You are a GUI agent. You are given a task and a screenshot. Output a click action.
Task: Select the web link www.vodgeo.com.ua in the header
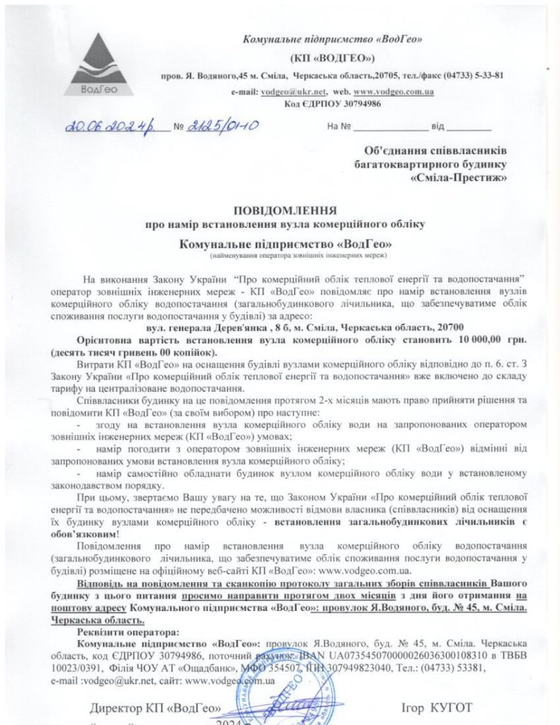[394, 93]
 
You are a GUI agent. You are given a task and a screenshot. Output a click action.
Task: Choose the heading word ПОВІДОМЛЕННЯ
[286, 210]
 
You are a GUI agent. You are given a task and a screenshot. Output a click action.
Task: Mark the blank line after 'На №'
[390, 128]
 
